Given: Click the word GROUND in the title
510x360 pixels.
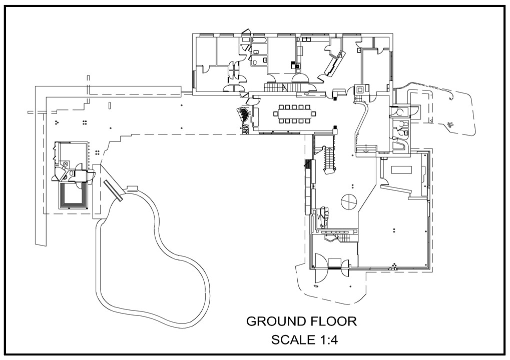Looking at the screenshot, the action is click(x=275, y=321).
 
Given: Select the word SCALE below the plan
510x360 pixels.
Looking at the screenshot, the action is click(x=292, y=340).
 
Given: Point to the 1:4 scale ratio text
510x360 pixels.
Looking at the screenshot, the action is click(x=327, y=340).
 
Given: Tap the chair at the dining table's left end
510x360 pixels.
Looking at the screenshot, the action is click(x=275, y=114).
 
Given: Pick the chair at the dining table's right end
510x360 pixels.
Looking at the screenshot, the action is click(x=314, y=114).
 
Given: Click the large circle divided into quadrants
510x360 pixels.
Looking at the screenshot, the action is click(x=348, y=202).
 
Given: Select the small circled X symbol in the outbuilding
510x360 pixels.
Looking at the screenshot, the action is click(x=66, y=164).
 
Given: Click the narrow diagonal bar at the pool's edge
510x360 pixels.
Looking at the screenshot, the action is click(x=113, y=190).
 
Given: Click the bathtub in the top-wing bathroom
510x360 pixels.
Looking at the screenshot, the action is click(x=259, y=40).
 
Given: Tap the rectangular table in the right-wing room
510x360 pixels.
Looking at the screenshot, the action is click(x=402, y=169).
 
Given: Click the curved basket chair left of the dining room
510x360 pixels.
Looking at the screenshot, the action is click(x=243, y=114).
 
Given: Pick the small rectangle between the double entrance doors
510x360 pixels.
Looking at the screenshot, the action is click(x=334, y=262).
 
